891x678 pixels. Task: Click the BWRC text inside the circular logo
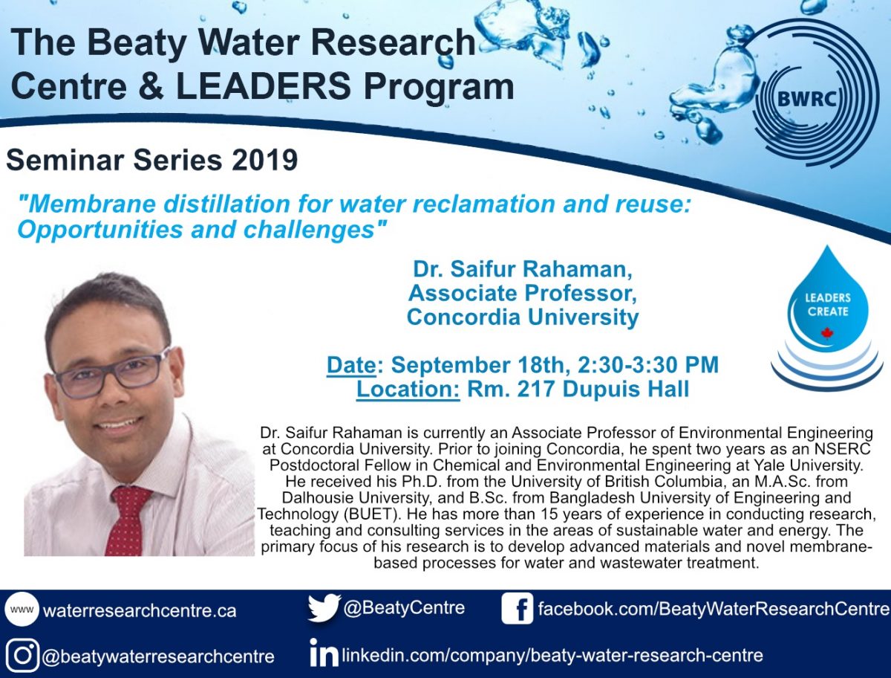[x=806, y=99]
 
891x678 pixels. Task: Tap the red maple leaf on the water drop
[x=827, y=334]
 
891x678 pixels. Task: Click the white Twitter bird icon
[x=324, y=608]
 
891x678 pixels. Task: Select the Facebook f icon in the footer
[x=517, y=608]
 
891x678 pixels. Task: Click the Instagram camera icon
[x=22, y=656]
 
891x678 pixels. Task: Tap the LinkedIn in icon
[x=324, y=653]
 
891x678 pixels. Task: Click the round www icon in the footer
[x=22, y=610]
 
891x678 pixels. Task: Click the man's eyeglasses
[x=111, y=372]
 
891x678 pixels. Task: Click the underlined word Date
[x=351, y=364]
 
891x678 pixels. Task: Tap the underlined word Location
[x=408, y=389]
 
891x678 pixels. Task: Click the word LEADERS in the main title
[x=264, y=86]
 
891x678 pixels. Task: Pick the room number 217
[x=535, y=389]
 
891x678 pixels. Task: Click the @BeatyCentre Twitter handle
[x=405, y=607]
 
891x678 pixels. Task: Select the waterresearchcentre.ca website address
[x=140, y=610]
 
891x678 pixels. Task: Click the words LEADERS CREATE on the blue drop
[x=828, y=305]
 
